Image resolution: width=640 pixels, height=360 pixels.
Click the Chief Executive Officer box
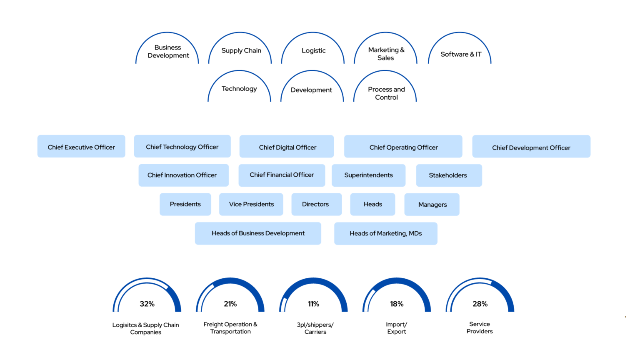click(x=81, y=147)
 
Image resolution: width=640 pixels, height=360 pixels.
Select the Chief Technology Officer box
click(x=182, y=147)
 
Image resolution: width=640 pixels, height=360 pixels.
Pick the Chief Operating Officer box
click(x=403, y=147)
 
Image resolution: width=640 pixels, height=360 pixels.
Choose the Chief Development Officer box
click(x=531, y=147)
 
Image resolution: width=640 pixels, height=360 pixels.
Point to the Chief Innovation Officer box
click(x=183, y=175)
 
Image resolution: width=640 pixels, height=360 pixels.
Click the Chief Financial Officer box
click(x=282, y=175)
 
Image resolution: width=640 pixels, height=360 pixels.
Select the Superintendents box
click(x=368, y=175)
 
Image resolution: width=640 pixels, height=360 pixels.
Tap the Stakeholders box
click(x=449, y=175)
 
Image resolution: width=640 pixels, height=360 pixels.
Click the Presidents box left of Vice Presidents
click(x=185, y=204)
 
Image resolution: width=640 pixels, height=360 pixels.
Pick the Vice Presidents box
click(x=251, y=204)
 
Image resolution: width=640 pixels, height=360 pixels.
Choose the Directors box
click(x=316, y=204)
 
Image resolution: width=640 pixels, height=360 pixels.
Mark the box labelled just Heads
click(x=372, y=204)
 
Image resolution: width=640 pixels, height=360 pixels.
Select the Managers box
click(x=432, y=205)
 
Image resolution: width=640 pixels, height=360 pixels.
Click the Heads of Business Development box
click(x=258, y=233)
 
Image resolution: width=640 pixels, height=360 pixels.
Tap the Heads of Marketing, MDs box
click(x=385, y=233)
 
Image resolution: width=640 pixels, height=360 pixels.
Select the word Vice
click(x=235, y=204)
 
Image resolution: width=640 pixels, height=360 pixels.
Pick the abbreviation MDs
click(x=415, y=233)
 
